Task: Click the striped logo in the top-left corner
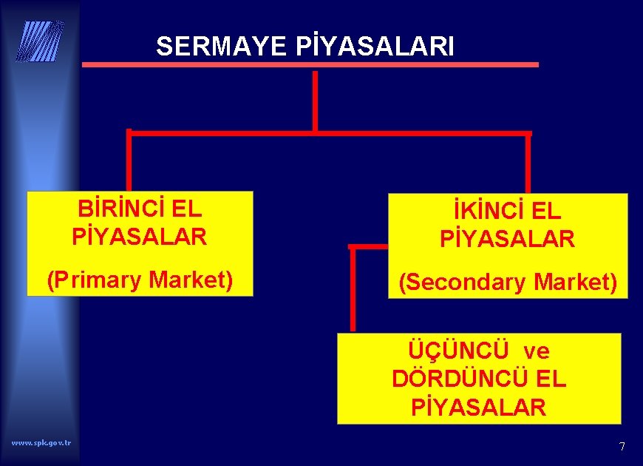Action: coord(40,41)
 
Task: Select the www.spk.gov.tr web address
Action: coord(41,442)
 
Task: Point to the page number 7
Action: coord(622,447)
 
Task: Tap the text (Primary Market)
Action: coord(140,280)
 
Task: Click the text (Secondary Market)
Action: coord(508,282)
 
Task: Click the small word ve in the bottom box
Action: coord(537,350)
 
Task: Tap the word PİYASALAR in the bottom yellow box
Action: coord(479,407)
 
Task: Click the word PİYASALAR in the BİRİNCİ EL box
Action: coord(140,237)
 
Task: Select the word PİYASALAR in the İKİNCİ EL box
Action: coord(508,239)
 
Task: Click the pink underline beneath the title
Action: coord(310,65)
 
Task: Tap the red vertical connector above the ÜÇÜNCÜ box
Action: coord(353,288)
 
